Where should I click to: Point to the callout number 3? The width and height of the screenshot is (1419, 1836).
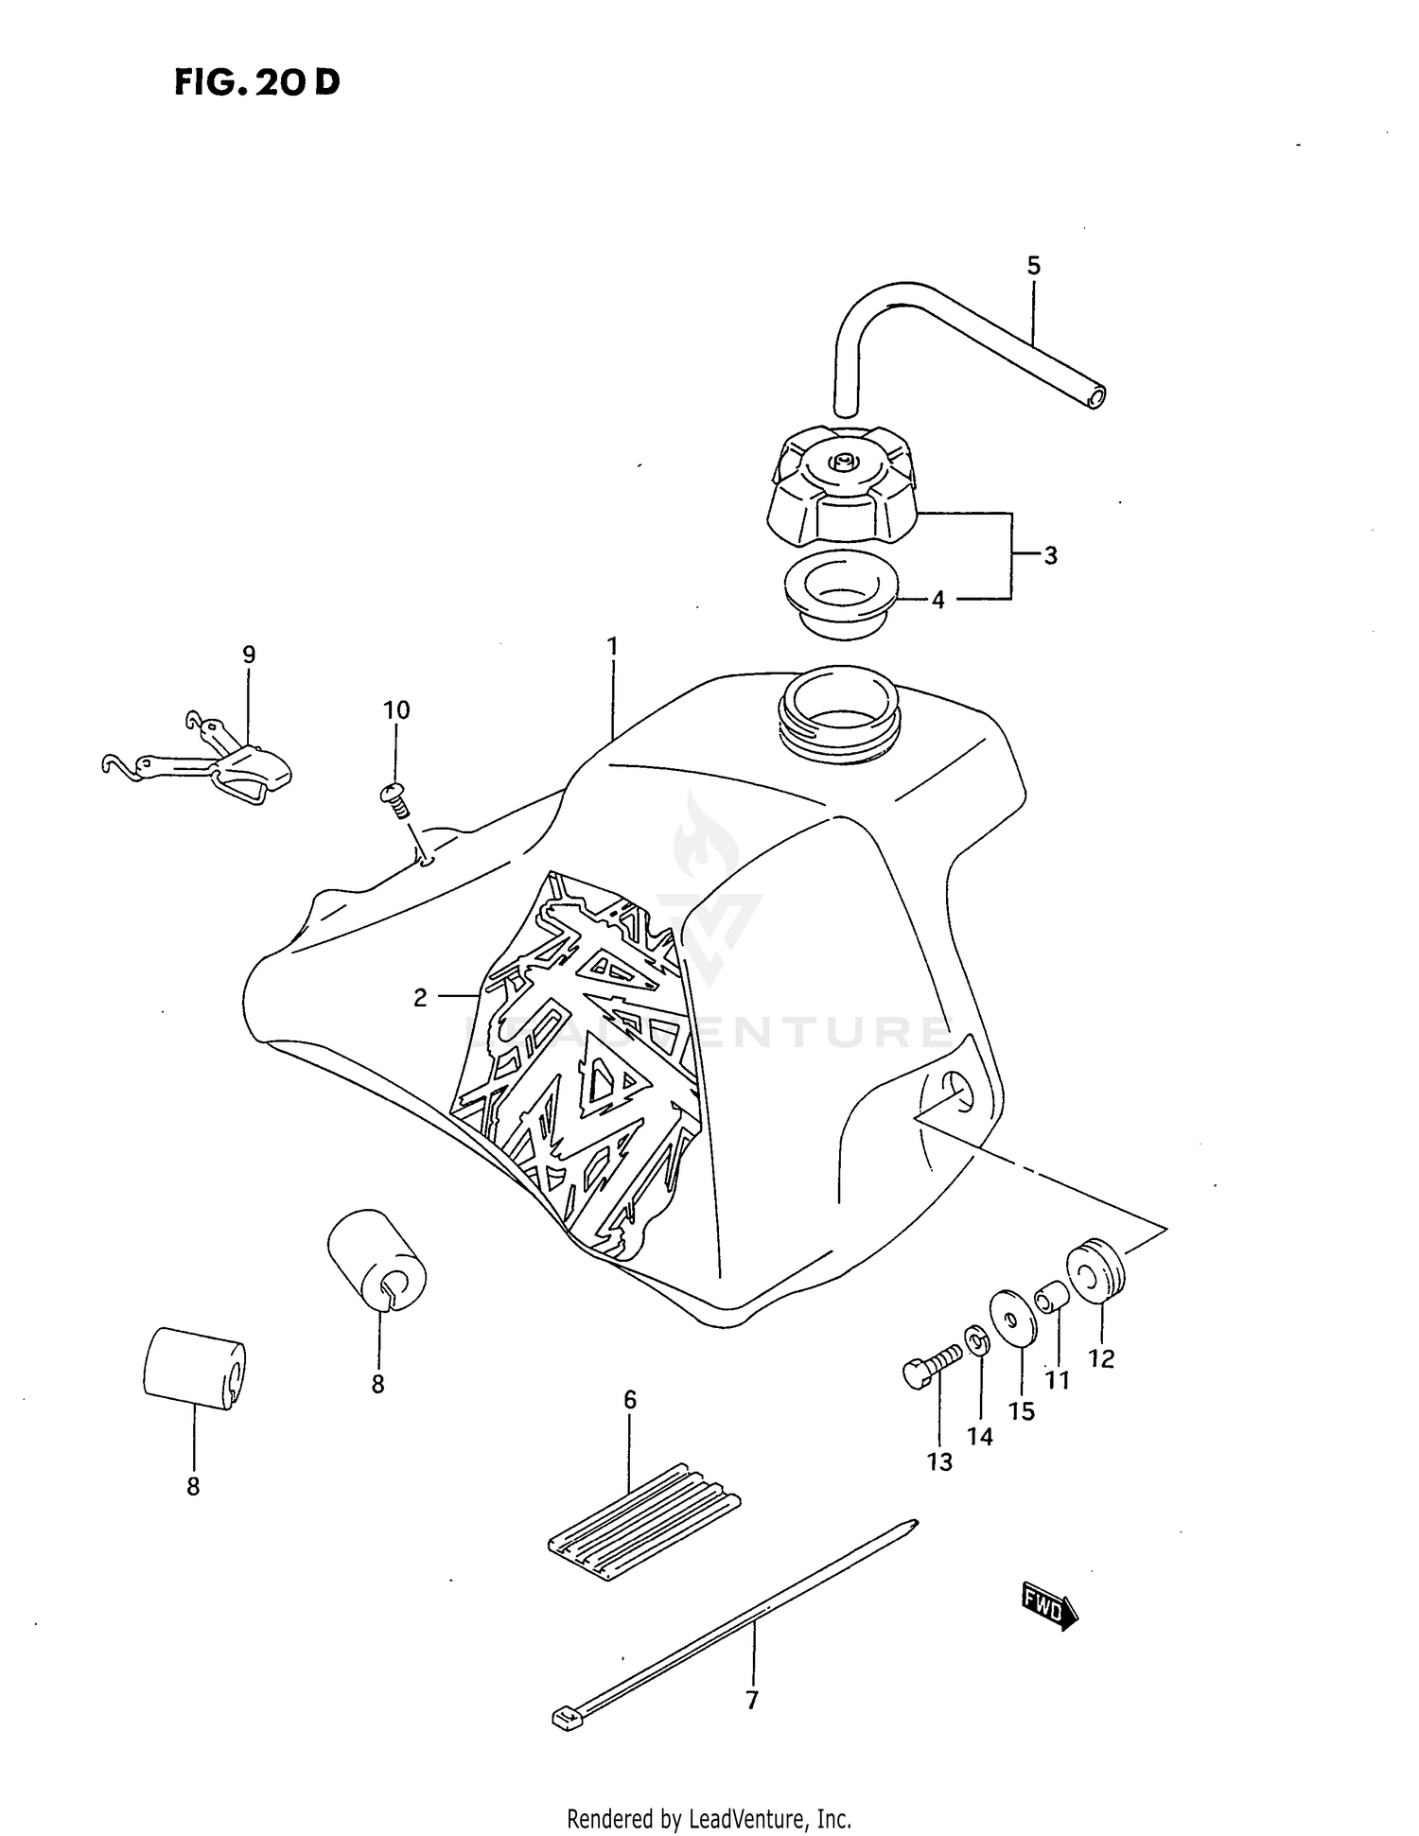1050,556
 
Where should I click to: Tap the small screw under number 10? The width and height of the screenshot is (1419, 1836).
394,800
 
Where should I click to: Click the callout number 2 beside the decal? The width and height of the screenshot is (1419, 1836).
420,997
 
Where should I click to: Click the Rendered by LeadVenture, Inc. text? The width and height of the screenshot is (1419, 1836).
709,1818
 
